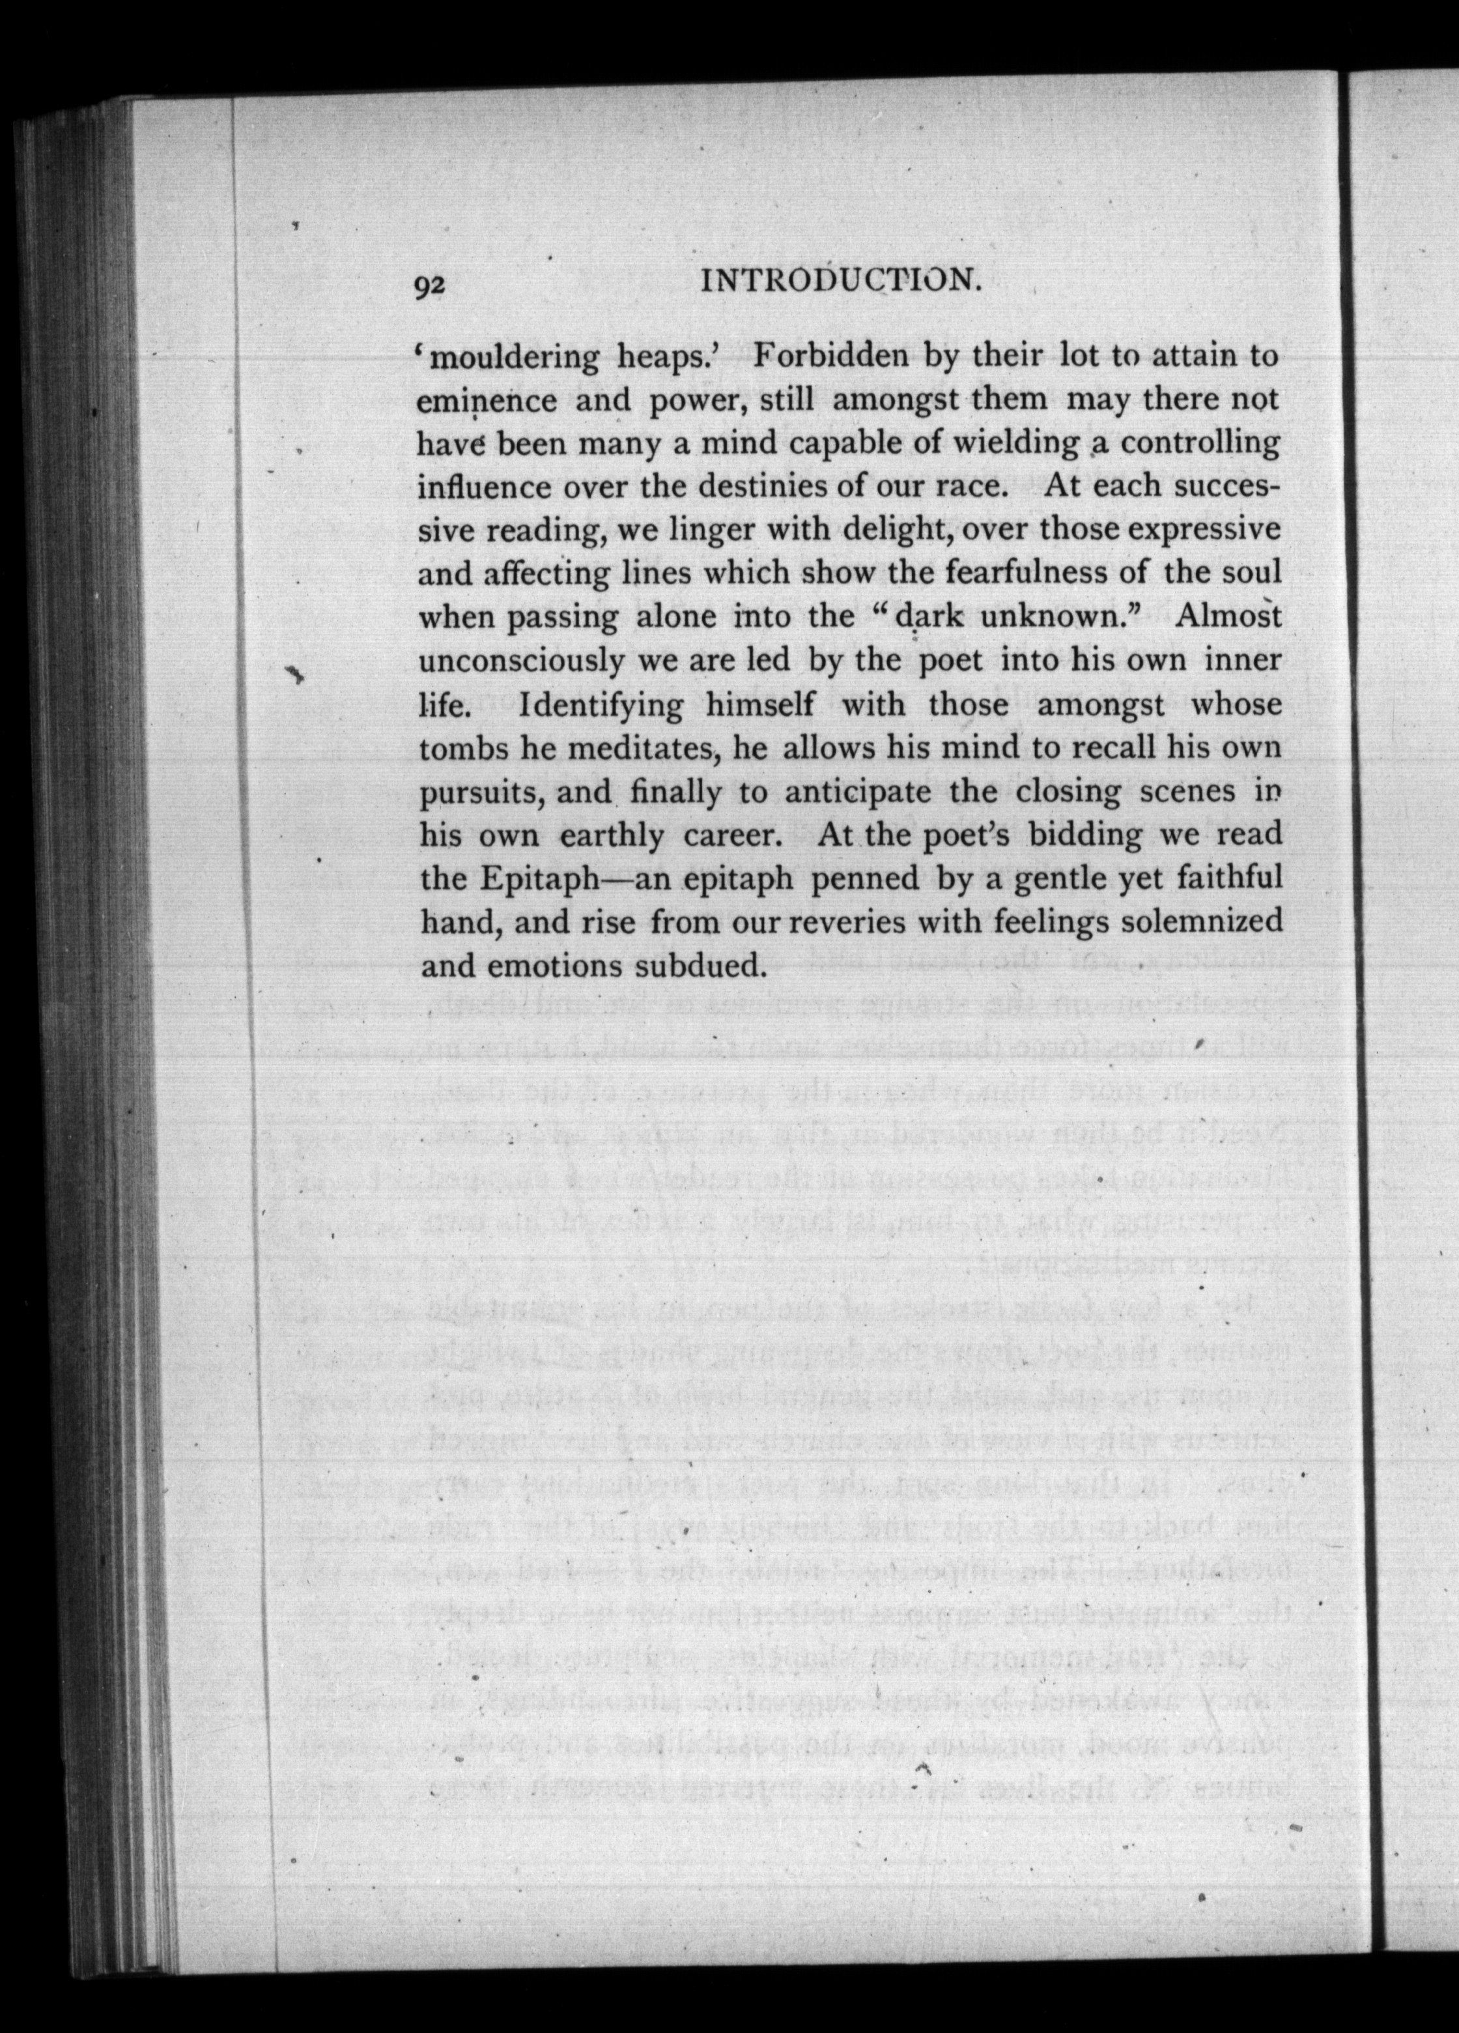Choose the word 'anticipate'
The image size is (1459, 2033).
(x=862, y=792)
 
